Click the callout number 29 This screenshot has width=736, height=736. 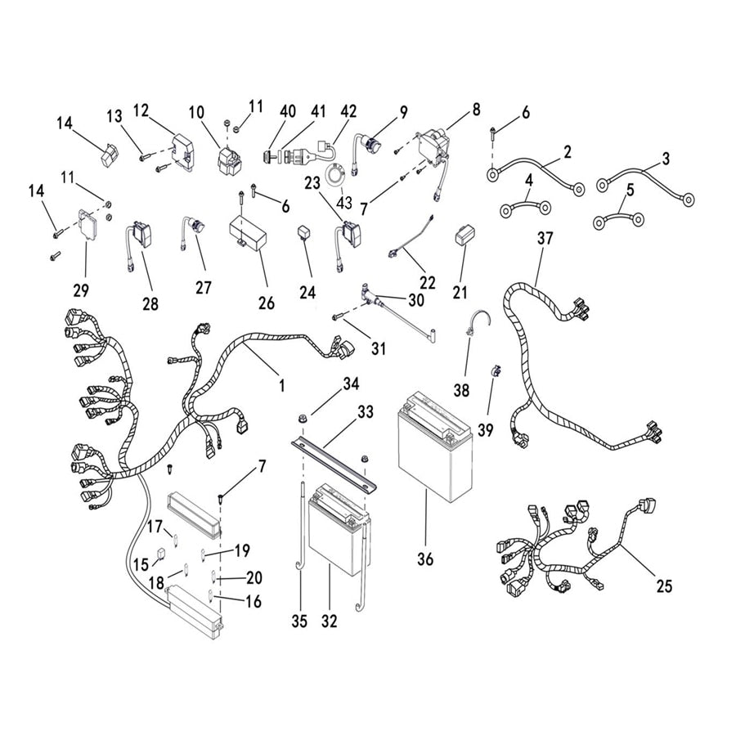point(81,289)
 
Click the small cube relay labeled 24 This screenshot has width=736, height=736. point(305,235)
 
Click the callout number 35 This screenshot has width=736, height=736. point(299,622)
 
